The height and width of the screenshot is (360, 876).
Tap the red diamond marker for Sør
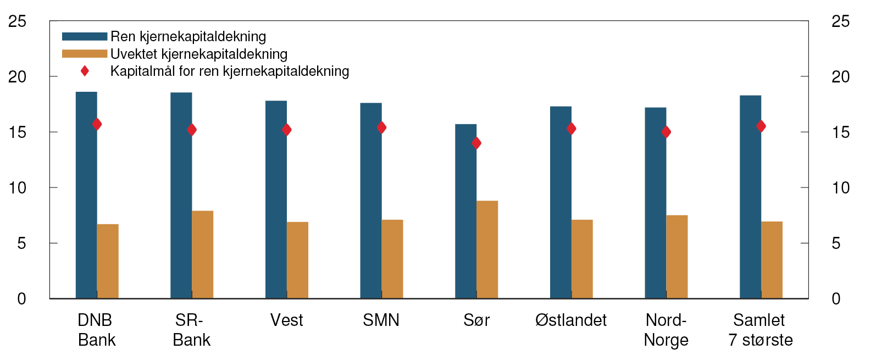click(476, 143)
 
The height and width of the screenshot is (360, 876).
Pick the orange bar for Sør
click(487, 250)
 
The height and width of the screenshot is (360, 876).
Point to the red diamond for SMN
click(381, 128)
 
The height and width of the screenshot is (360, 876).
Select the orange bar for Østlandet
click(582, 259)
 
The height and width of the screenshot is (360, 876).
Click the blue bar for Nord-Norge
click(655, 203)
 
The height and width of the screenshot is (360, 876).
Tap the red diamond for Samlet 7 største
click(761, 126)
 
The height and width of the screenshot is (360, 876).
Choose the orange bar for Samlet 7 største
click(772, 260)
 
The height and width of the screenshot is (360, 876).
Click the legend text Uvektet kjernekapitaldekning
click(199, 54)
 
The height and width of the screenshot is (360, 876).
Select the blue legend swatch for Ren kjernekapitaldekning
click(84, 36)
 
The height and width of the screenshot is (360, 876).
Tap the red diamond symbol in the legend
click(85, 71)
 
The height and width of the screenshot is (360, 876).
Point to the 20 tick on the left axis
click(18, 77)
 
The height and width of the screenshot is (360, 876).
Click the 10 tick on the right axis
click(840, 188)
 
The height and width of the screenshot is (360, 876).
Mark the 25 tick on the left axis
click(18, 21)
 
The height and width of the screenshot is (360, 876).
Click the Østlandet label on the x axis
click(571, 320)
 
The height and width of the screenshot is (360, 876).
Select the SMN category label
click(381, 320)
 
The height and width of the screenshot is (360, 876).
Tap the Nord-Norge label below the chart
click(666, 330)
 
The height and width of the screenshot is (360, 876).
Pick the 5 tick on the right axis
click(836, 243)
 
